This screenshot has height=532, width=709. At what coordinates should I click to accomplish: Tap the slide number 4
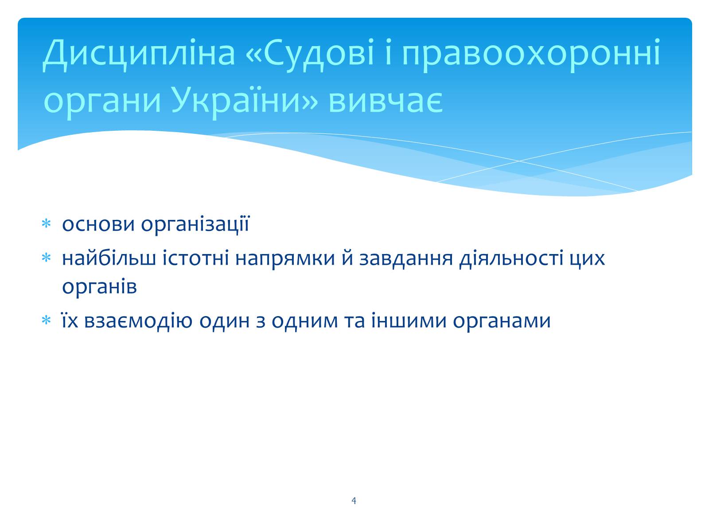coord(354,501)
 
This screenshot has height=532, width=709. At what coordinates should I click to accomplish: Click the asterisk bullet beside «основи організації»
coord(46,223)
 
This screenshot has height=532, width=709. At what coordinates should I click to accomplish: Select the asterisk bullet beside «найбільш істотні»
coord(46,258)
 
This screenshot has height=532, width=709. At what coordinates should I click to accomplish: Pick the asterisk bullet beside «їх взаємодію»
coord(46,320)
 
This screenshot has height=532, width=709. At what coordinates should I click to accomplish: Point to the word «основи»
coord(98,224)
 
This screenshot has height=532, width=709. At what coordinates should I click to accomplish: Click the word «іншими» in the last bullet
coord(409,321)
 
